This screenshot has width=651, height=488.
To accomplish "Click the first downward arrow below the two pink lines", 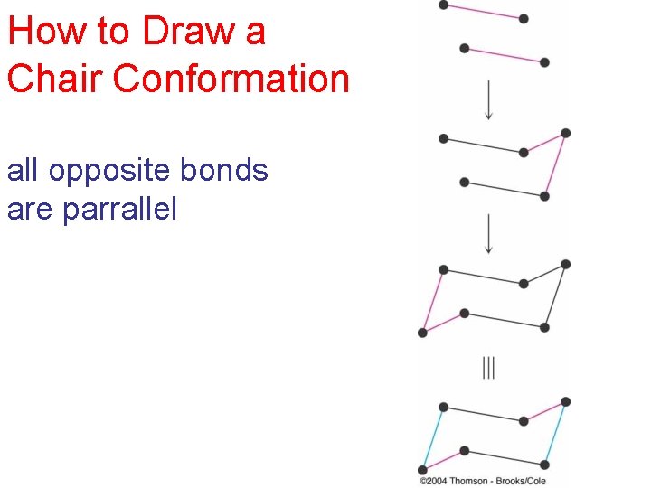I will tap(489, 99).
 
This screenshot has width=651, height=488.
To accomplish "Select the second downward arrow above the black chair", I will tap(489, 233).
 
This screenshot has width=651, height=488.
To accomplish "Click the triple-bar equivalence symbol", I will tap(489, 368).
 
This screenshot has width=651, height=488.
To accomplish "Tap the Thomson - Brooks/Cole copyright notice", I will tap(482, 480).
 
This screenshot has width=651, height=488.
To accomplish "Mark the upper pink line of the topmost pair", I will tap(484, 12).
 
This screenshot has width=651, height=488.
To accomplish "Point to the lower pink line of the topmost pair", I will tap(505, 54).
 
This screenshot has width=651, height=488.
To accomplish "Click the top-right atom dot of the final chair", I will tap(565, 401).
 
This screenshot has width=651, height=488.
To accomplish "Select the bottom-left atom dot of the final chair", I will tap(422, 470).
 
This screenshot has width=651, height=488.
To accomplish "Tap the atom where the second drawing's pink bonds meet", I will tap(565, 133).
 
